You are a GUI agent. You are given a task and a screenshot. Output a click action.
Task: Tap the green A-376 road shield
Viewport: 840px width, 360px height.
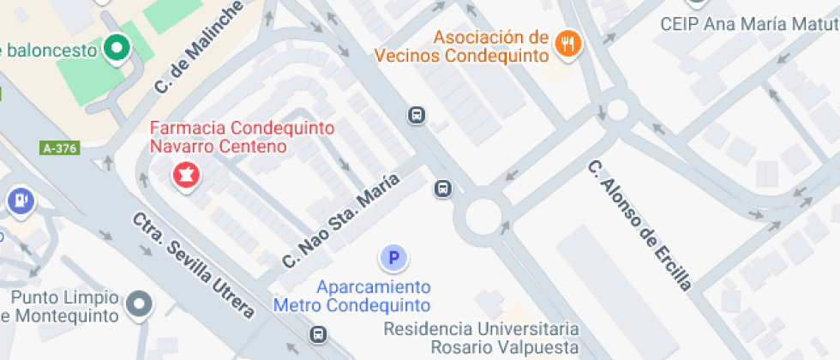point(59,148)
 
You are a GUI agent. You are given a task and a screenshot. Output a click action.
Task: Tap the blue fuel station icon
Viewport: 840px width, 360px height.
point(20,201)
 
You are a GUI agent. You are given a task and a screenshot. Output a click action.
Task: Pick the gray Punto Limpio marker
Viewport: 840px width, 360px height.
point(139,303)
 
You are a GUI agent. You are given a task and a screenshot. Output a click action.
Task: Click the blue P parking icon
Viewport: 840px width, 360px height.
point(393,256)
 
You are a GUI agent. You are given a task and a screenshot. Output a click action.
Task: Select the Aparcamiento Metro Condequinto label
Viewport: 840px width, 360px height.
point(351,296)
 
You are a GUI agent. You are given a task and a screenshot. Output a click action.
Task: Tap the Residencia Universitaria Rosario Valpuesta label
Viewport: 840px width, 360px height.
point(481,338)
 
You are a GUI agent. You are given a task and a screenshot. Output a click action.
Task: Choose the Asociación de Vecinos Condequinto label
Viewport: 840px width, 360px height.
point(461,46)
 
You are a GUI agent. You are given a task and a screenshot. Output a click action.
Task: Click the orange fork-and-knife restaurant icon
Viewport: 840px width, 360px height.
point(566,43)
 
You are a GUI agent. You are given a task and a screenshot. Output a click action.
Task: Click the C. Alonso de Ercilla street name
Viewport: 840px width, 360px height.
point(639,225)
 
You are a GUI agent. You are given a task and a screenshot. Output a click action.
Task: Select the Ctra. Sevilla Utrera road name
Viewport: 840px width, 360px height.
point(193,265)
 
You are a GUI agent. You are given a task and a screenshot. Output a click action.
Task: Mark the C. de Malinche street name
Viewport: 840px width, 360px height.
point(197,48)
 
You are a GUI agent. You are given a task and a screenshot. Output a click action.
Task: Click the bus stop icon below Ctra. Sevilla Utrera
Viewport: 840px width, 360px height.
point(318,333)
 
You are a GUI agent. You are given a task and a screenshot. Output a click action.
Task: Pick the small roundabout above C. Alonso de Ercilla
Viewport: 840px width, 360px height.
point(618,109)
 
